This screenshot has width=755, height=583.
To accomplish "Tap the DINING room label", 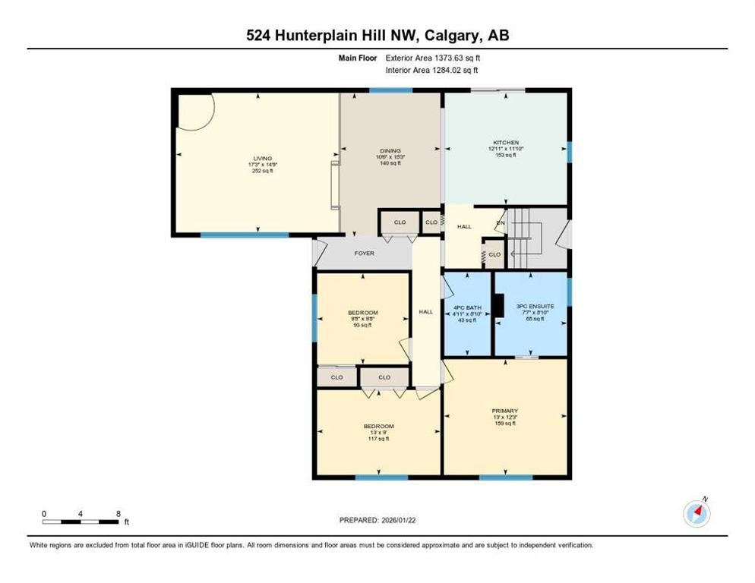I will [x=390, y=151].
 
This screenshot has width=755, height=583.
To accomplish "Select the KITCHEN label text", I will [x=504, y=143].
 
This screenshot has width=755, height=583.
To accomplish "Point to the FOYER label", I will [x=365, y=253].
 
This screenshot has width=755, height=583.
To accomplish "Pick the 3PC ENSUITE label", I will [x=535, y=307].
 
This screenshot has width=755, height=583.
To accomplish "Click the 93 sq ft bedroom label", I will [x=362, y=313].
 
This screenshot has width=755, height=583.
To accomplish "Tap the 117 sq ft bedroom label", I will [x=378, y=427].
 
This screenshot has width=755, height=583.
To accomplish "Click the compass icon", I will [x=697, y=514].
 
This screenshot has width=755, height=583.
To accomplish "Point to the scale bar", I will [x=81, y=521].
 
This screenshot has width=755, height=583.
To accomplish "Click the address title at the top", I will [x=377, y=36].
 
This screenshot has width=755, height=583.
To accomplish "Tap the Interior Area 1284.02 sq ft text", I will [x=432, y=70].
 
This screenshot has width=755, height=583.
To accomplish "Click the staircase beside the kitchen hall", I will [x=524, y=232].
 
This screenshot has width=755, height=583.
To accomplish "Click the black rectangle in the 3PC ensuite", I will [x=498, y=304].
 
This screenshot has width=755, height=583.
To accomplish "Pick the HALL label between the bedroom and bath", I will [x=426, y=311].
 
